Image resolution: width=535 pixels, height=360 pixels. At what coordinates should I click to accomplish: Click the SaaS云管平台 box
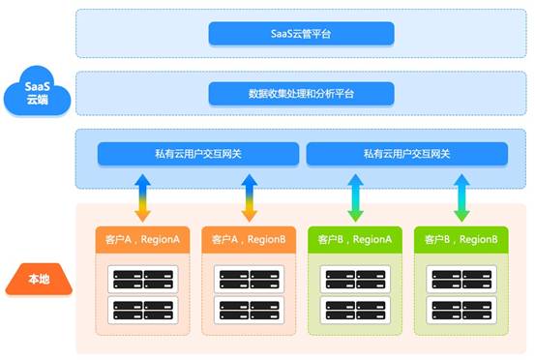(x=301, y=35)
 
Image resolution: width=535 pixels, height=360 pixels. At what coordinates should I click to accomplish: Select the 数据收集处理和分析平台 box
(x=301, y=94)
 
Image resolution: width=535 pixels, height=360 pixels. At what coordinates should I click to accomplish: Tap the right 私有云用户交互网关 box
(x=406, y=153)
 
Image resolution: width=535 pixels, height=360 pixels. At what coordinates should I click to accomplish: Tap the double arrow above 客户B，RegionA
(x=354, y=198)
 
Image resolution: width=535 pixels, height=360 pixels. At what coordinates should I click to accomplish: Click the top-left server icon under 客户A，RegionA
(x=125, y=279)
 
